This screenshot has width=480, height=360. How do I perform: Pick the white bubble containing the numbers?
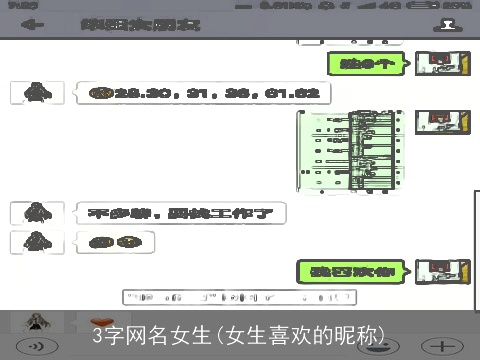(x=202, y=93)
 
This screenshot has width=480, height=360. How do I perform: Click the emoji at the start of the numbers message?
(x=98, y=93)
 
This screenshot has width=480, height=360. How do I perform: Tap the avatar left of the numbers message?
(x=38, y=93)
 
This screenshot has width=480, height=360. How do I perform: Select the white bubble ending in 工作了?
(x=179, y=213)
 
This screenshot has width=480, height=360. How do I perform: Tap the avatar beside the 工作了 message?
(x=38, y=213)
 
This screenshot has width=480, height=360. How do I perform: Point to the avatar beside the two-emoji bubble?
(x=38, y=241)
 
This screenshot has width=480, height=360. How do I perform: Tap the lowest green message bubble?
(x=352, y=271)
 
